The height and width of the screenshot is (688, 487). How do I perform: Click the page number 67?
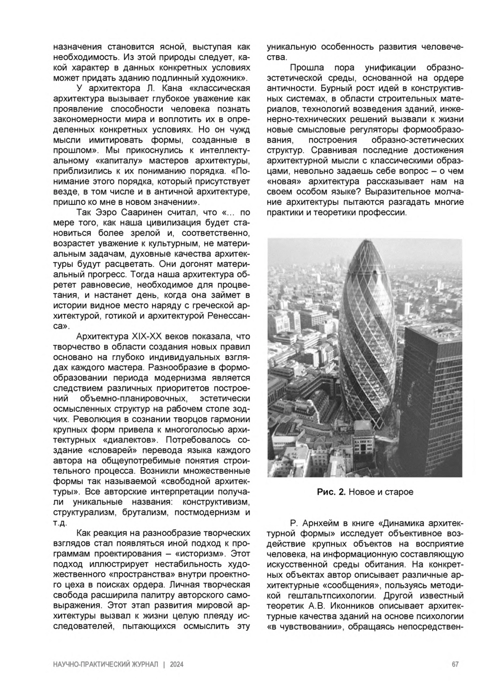point(455,664)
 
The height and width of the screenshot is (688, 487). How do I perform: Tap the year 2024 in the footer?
point(177,664)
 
